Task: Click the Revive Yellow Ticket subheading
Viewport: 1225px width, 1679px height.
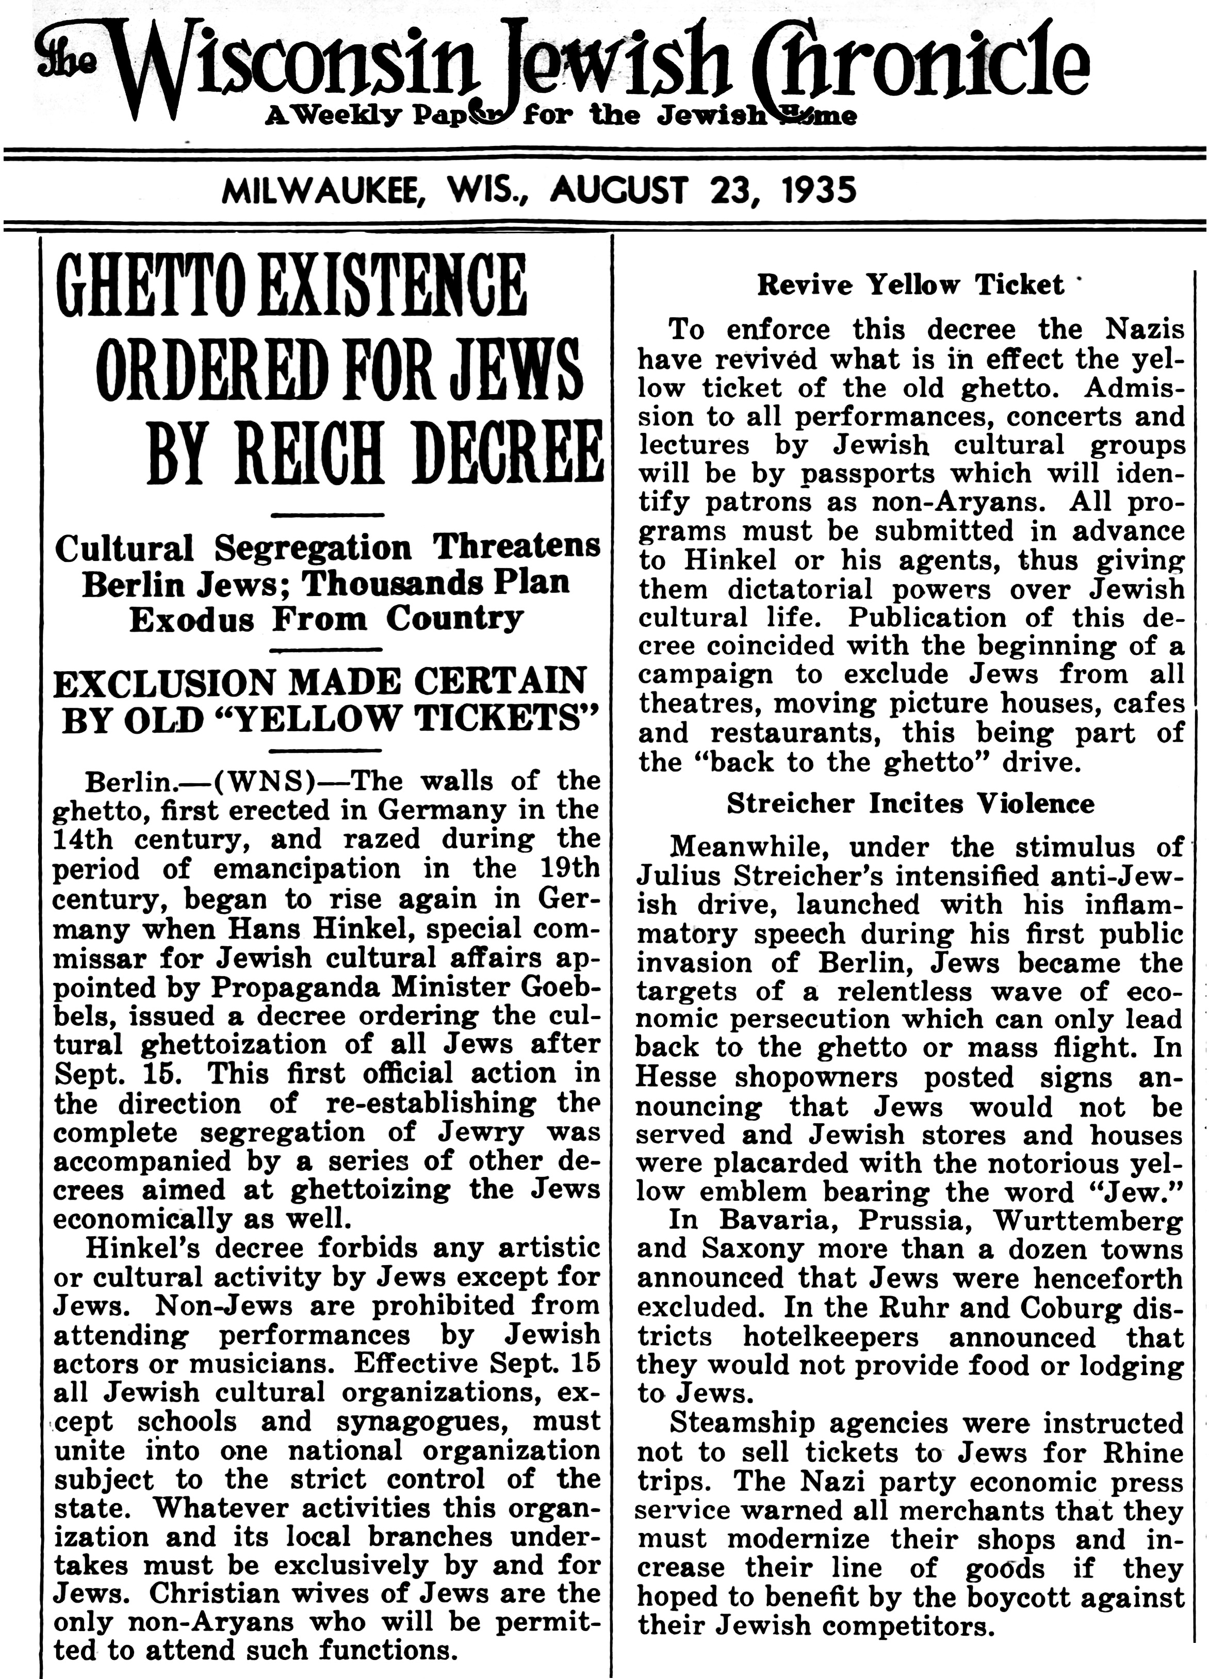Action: pos(909,285)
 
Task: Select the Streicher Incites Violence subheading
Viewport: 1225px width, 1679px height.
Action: pos(910,803)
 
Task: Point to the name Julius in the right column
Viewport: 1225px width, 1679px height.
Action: pos(678,876)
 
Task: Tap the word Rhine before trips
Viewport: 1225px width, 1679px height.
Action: pos(1145,1452)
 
